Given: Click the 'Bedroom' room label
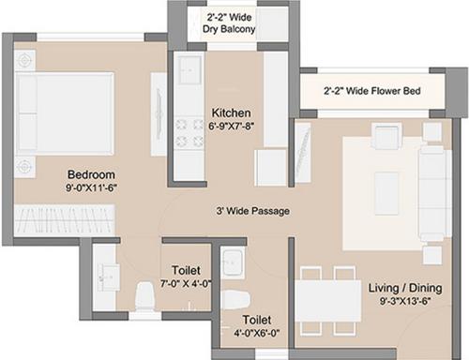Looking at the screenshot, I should [x=90, y=174].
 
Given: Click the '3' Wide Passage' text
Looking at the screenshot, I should [x=251, y=211].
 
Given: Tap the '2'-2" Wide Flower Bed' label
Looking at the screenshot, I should [x=371, y=92].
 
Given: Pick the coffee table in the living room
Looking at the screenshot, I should [x=386, y=193].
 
